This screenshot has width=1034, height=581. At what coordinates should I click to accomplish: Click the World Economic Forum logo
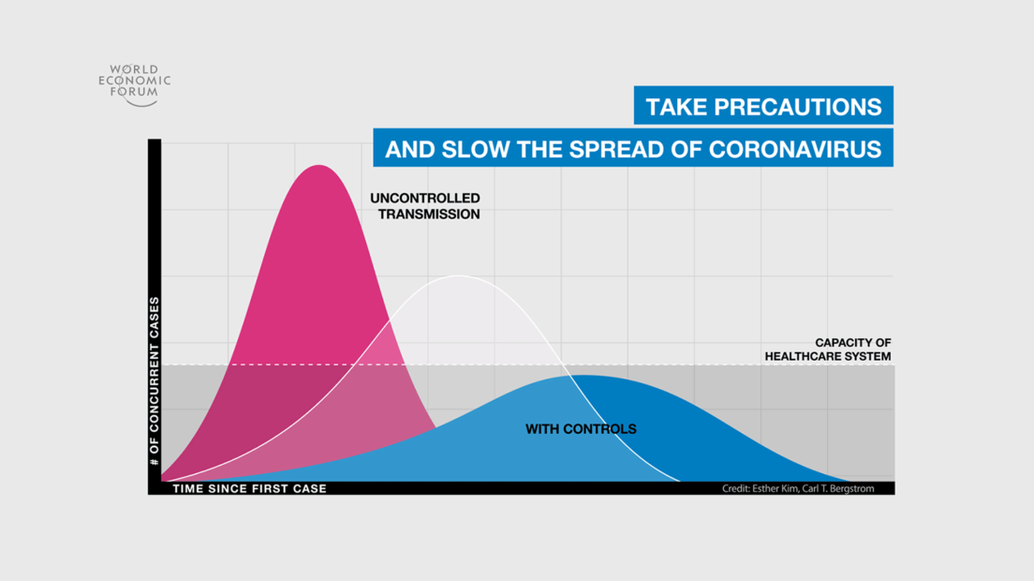(135, 85)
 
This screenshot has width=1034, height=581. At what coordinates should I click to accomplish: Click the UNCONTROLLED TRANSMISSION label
(425, 206)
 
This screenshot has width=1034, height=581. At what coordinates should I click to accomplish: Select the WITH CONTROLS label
(581, 429)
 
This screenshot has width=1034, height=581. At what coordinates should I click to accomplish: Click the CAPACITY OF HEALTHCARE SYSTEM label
(828, 350)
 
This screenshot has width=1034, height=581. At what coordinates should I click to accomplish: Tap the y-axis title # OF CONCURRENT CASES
(155, 381)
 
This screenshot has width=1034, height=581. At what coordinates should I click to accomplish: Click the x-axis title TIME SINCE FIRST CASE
(250, 488)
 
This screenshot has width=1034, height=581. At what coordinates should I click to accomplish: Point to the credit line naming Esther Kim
(798, 488)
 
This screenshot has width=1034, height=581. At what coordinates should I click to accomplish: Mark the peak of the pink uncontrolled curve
(318, 165)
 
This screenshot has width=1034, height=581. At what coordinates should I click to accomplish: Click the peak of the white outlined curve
(458, 276)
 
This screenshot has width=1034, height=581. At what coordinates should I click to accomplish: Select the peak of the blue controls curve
(582, 375)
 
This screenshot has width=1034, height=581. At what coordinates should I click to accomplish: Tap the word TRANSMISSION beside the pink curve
(429, 215)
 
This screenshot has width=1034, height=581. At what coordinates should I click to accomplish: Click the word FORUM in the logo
(135, 93)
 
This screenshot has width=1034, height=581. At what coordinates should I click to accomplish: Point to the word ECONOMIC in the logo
(135, 81)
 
